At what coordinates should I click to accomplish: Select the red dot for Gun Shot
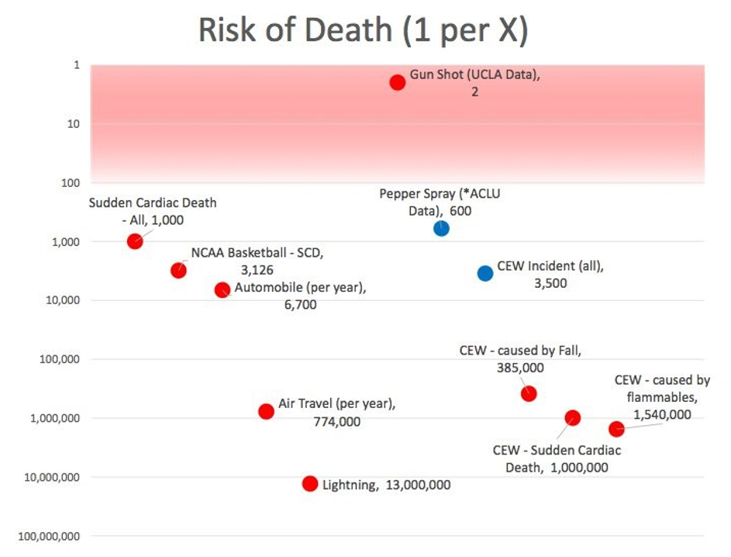(x=397, y=82)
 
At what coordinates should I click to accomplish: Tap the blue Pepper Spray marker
(x=441, y=228)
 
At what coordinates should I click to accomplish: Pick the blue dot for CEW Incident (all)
(x=485, y=273)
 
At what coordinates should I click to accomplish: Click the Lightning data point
(x=310, y=483)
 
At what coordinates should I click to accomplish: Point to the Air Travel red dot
(x=266, y=411)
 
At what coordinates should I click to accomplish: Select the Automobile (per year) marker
(x=222, y=289)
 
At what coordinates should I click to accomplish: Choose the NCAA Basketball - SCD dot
(x=178, y=270)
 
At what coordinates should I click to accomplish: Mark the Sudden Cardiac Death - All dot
(x=135, y=241)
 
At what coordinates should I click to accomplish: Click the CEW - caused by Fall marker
(x=529, y=393)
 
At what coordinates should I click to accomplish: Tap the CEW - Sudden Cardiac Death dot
(x=573, y=417)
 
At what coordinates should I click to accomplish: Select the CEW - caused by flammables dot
(x=616, y=429)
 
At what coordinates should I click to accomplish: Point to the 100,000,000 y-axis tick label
(x=49, y=536)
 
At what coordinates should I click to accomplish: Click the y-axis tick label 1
(x=76, y=65)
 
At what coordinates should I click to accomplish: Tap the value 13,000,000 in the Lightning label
(x=418, y=485)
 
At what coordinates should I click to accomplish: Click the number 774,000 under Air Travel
(x=336, y=422)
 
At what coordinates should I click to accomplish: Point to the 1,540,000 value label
(x=662, y=414)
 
